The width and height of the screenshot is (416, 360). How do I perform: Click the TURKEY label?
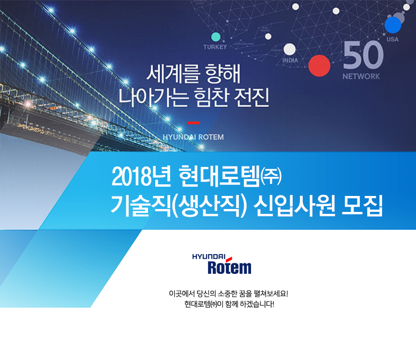215,47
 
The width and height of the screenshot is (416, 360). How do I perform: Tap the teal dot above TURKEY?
216,37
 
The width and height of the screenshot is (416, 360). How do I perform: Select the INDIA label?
290,60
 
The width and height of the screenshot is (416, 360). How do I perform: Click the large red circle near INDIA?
319,65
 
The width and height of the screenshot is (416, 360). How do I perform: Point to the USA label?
393,39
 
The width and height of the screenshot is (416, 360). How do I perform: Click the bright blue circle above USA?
393,24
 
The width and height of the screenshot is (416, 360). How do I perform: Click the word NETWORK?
361,76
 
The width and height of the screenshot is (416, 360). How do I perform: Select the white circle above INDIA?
289,49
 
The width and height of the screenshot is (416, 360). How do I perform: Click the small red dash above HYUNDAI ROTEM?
193,122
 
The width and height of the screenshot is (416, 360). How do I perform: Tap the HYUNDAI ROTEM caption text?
193,137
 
